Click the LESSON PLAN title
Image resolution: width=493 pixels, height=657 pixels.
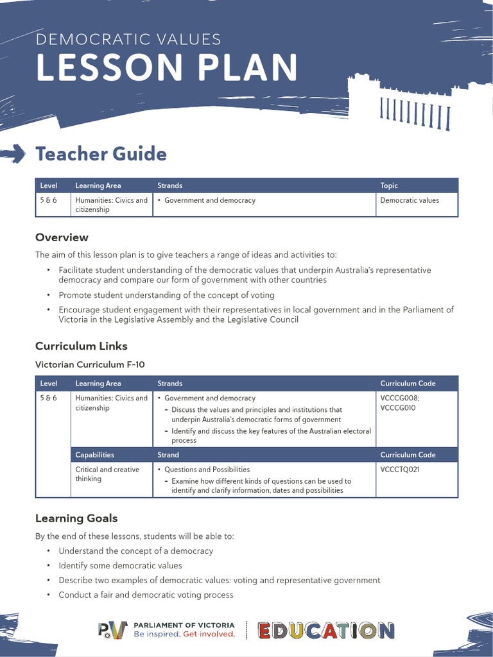click(167, 67)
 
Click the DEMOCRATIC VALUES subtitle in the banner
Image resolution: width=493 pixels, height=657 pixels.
click(128, 39)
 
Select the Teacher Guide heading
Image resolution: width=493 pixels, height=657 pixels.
click(101, 154)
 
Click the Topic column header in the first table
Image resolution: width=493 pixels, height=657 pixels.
click(389, 185)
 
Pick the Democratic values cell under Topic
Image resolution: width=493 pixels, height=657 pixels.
click(410, 200)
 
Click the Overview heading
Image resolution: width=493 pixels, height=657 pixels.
click(62, 237)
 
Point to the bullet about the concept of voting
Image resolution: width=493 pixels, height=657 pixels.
click(166, 295)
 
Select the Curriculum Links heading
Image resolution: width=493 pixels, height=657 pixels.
click(81, 346)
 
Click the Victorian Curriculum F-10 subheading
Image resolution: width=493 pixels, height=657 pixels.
click(90, 364)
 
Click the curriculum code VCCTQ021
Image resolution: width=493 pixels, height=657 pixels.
click(399, 470)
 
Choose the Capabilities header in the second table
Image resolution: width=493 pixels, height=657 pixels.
click(94, 455)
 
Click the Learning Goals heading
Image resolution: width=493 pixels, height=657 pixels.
click(76, 518)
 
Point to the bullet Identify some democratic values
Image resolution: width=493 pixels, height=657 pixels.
click(120, 565)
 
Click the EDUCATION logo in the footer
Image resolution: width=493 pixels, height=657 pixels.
click(326, 631)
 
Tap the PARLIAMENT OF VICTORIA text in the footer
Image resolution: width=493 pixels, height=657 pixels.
click(184, 625)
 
